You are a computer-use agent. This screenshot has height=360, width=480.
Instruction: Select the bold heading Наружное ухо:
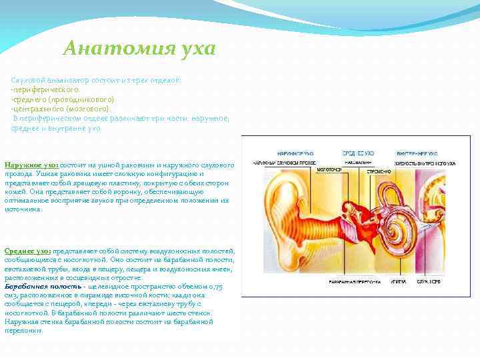(x=32, y=163)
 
